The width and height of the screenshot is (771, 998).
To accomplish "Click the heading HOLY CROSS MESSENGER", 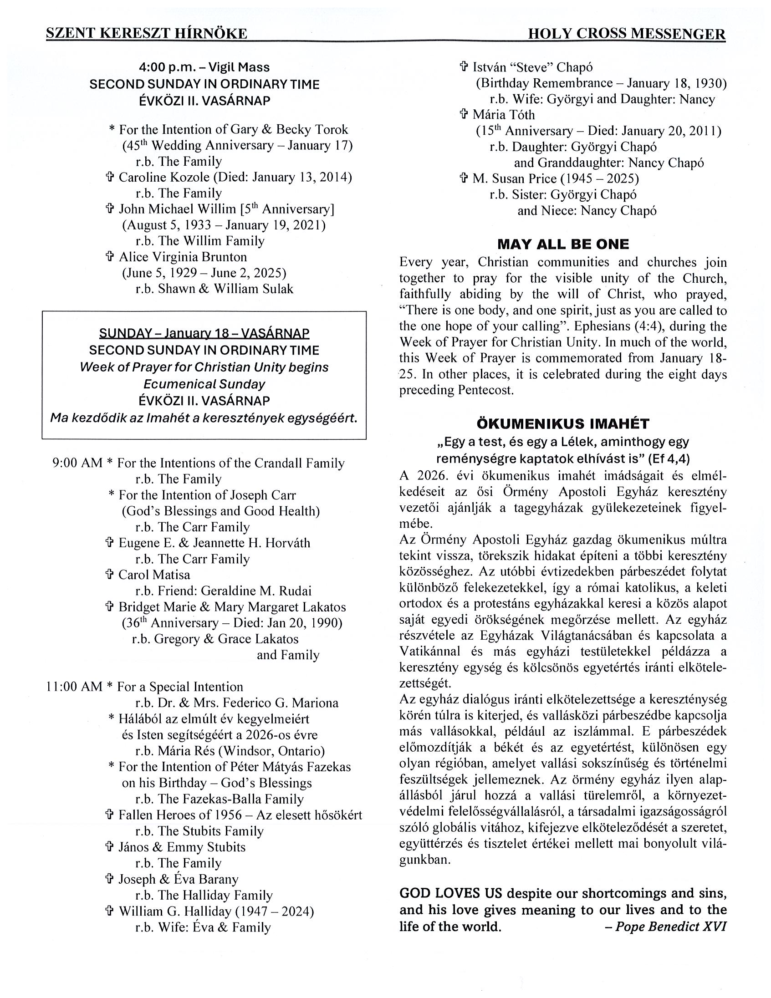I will pyautogui.click(x=626, y=34).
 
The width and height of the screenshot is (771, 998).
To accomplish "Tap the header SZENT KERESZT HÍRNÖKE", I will pyautogui.click(x=147, y=34).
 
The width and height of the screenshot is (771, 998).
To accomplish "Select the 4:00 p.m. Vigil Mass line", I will pyautogui.click(x=204, y=67).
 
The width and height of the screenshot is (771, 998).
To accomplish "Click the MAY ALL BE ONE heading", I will pyautogui.click(x=562, y=244).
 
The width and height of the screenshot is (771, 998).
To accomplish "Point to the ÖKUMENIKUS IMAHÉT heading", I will pyautogui.click(x=562, y=423).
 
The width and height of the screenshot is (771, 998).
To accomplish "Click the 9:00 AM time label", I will pyautogui.click(x=77, y=463).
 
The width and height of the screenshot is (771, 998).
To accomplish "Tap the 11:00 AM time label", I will pyautogui.click(x=74, y=687).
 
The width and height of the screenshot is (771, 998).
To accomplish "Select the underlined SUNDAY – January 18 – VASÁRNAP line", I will pyautogui.click(x=204, y=333).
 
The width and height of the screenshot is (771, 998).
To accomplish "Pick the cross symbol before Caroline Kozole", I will pyautogui.click(x=110, y=177).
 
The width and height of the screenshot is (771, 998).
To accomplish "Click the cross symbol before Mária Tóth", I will pyautogui.click(x=464, y=115).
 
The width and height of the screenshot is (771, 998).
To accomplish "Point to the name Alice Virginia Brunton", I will pyautogui.click(x=183, y=257).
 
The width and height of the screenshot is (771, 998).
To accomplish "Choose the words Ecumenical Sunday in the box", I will pyautogui.click(x=204, y=384).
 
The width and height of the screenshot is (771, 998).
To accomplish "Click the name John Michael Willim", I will pyautogui.click(x=177, y=209).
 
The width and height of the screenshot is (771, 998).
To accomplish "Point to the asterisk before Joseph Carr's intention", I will pyautogui.click(x=111, y=495).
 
